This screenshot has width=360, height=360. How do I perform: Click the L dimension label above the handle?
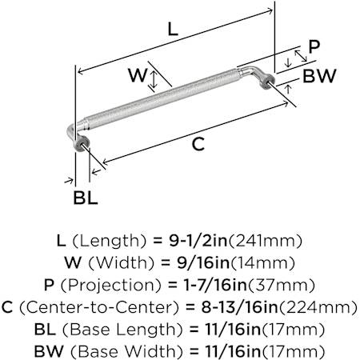(173, 30)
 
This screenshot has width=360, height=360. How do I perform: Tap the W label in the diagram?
(138, 75)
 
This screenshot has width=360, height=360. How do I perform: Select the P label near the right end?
(314, 46)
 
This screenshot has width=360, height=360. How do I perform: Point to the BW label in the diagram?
(319, 76)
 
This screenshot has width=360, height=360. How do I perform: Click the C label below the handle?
(198, 144)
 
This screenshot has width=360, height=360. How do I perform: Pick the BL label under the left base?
(86, 198)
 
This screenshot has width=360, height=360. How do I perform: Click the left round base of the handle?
(81, 143)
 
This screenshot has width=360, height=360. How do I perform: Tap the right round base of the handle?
(267, 82)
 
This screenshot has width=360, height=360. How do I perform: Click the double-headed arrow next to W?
(153, 79)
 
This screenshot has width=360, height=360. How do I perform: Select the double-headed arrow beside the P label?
(301, 56)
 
